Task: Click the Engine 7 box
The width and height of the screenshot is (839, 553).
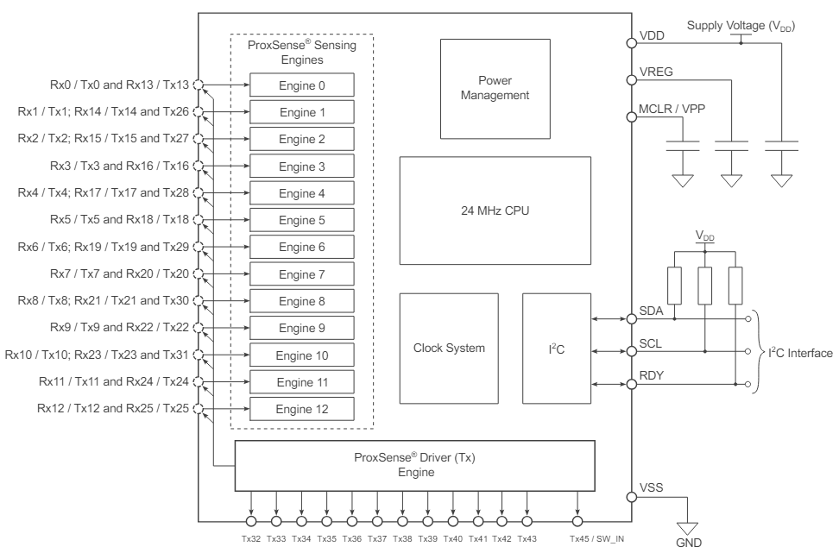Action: (301, 274)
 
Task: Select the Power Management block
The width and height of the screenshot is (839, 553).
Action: (495, 89)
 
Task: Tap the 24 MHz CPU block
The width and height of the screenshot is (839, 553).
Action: (495, 211)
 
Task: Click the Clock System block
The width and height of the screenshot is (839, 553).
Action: (449, 349)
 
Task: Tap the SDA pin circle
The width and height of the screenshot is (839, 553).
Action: (631, 318)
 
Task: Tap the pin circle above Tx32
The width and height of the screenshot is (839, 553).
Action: (251, 520)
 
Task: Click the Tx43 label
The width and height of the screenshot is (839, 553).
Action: (527, 538)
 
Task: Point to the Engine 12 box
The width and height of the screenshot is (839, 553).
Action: (301, 408)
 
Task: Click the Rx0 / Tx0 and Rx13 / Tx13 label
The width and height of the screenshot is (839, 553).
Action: (101, 85)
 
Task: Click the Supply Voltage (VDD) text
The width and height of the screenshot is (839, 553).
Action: (740, 27)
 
